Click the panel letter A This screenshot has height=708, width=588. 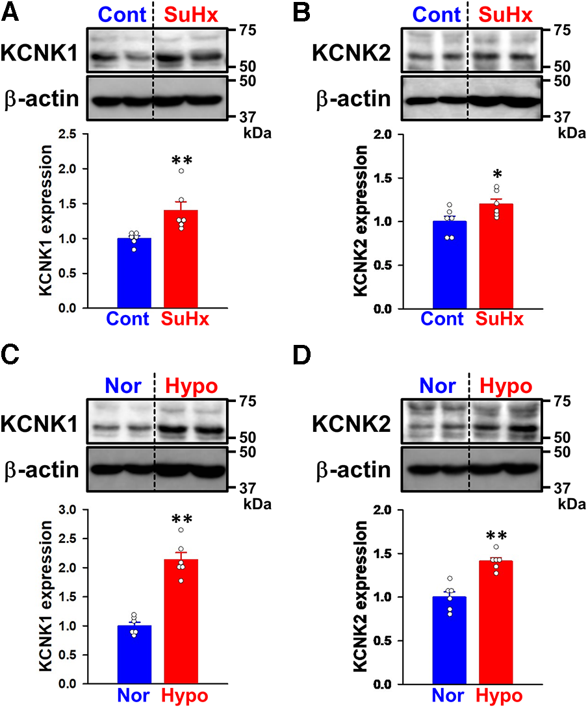(x=10, y=11)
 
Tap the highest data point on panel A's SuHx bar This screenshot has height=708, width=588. (x=181, y=171)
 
